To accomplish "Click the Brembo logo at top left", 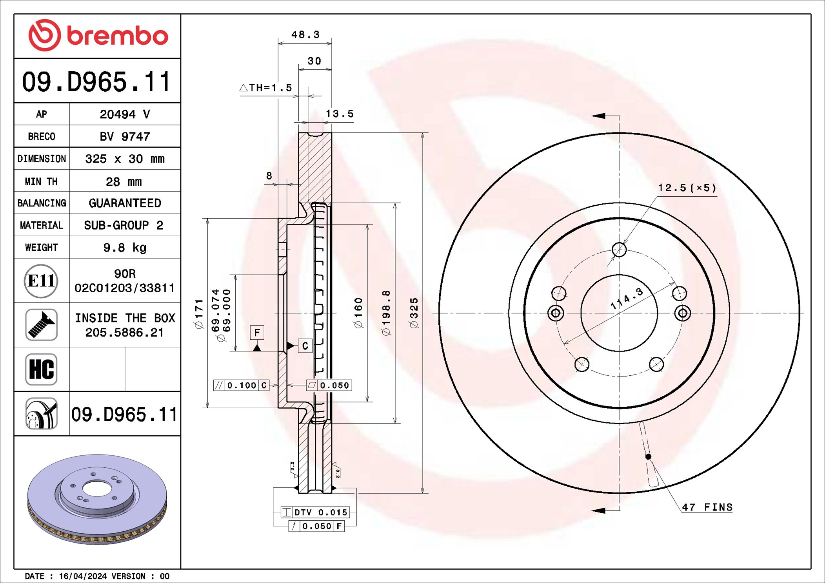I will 98,35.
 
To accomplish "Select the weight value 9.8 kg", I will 125,248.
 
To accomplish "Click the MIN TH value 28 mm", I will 124,181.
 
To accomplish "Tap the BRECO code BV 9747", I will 125,136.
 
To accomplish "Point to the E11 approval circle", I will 41,281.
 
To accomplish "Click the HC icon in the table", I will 41,369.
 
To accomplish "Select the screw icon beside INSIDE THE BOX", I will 41,324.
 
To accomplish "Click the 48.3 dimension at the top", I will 305,35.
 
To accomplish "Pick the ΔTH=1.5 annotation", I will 266,88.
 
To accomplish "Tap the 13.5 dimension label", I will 340,114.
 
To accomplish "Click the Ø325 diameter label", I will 414,313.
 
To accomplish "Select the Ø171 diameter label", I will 199,313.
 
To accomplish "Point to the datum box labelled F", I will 257,333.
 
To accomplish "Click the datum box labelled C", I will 305,346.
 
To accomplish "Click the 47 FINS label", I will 707,507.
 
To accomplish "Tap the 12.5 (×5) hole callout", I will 687,188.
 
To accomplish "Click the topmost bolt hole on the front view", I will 619,249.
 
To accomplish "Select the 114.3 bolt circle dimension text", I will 627,299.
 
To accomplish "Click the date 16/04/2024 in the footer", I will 83,576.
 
